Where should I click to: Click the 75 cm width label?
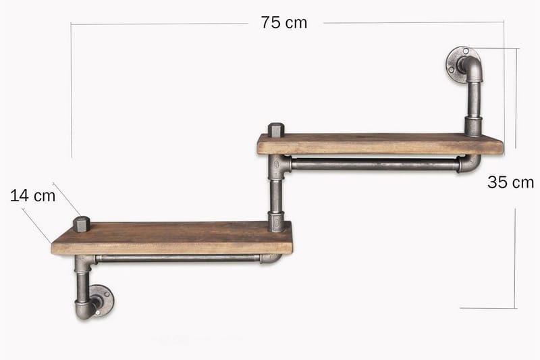(283, 23)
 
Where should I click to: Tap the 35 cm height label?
(510, 182)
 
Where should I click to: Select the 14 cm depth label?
(32, 196)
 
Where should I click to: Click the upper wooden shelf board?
(380, 144)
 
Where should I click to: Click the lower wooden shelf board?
(171, 238)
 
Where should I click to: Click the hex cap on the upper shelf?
(276, 130)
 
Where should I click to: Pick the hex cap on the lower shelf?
(82, 224)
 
